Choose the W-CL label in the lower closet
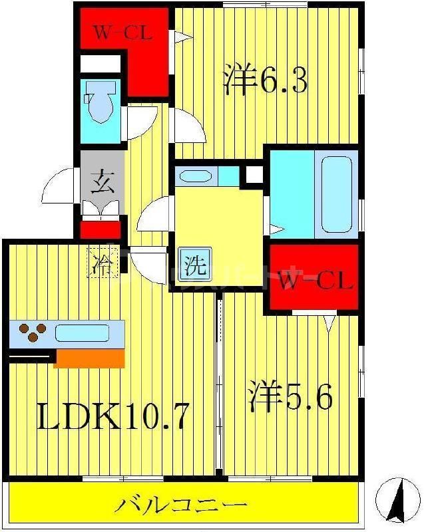314,282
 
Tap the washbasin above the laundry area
197,176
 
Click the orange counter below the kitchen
89,358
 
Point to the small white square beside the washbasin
252,176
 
